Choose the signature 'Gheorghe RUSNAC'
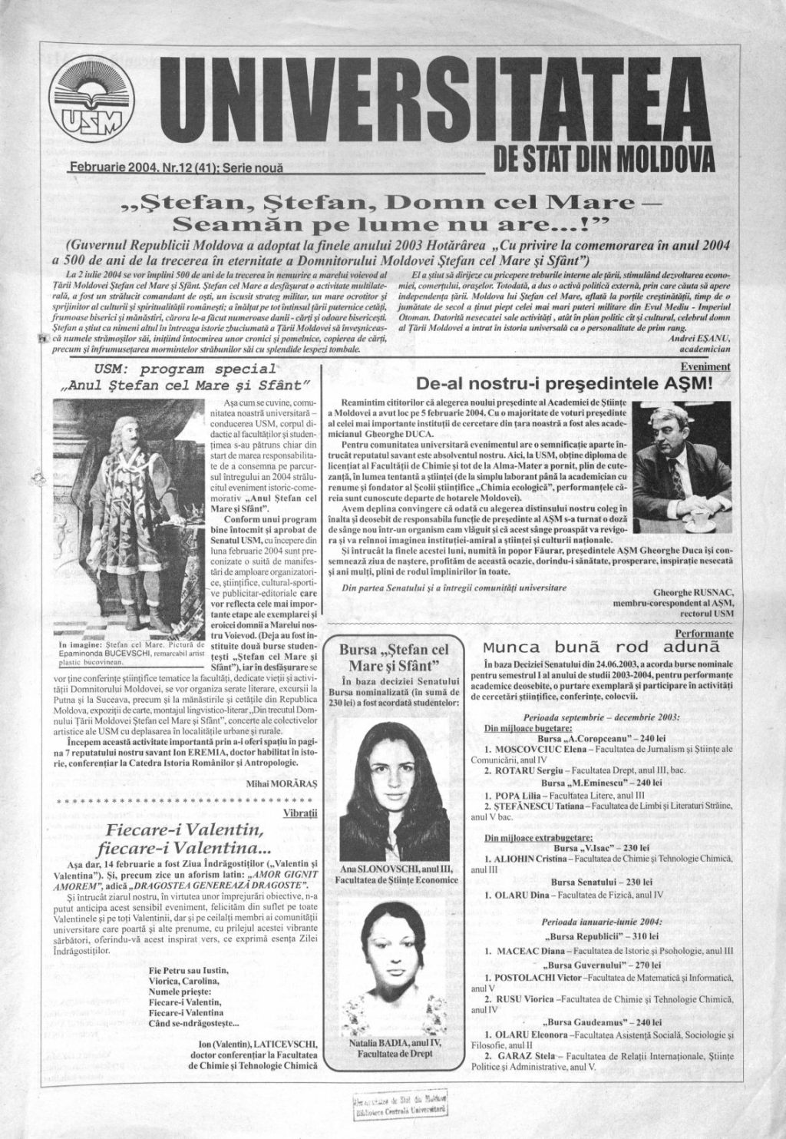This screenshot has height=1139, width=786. (694, 593)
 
